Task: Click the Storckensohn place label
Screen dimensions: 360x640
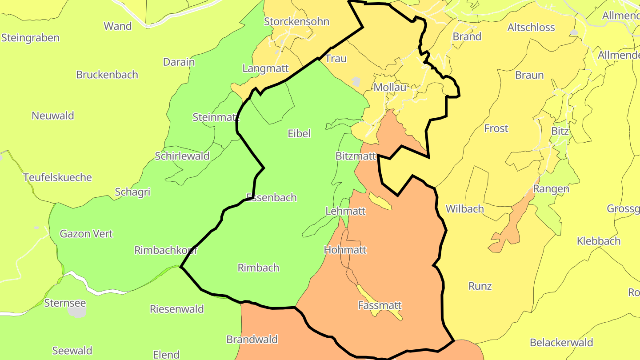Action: click(x=296, y=21)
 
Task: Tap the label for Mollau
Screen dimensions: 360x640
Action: click(x=390, y=88)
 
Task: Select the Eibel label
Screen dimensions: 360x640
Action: click(x=299, y=133)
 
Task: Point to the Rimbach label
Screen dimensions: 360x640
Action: click(x=258, y=268)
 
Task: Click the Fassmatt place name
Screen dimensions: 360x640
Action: click(x=380, y=305)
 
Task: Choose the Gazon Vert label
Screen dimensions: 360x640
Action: click(x=86, y=234)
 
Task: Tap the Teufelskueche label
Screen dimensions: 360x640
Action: click(x=57, y=177)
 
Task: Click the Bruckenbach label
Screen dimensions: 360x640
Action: click(x=107, y=75)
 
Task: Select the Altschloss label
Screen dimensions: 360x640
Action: click(x=531, y=28)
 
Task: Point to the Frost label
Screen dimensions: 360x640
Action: click(x=496, y=128)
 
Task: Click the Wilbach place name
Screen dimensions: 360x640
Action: click(x=464, y=209)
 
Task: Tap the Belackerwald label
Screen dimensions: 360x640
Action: click(x=561, y=343)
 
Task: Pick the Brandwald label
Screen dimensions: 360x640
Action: click(x=252, y=340)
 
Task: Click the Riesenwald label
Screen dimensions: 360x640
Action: click(x=177, y=309)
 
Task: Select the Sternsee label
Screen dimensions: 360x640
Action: click(x=65, y=303)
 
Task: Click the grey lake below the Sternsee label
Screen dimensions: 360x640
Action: click(x=77, y=312)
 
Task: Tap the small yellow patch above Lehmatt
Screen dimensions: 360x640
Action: click(x=380, y=201)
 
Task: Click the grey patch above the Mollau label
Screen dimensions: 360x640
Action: click(x=356, y=82)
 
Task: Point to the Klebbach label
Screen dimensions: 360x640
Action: click(x=598, y=241)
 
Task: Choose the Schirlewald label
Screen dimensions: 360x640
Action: click(x=182, y=156)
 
